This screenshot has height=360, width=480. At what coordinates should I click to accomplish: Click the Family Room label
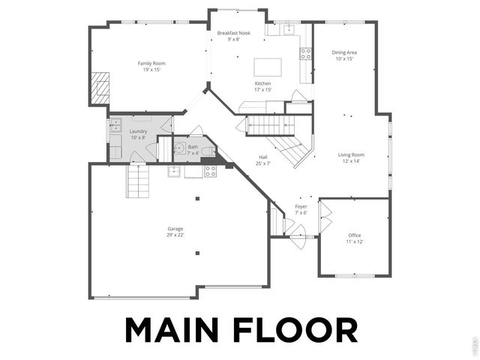pos(151,64)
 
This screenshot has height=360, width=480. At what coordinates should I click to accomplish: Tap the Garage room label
pos(175,229)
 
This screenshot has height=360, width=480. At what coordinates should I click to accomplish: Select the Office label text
pos(354,235)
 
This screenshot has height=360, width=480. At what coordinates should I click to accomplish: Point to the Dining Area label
pos(344,52)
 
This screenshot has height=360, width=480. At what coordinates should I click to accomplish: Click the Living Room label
pos(350,154)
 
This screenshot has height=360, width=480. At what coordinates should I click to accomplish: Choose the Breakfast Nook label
pos(233,34)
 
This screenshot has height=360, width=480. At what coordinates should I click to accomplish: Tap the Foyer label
pos(301,206)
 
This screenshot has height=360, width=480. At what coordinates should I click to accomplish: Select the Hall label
pos(262,157)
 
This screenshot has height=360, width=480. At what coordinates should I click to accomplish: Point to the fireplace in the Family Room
pos(99,89)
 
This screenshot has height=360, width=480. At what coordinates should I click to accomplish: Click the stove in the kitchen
pos(306,54)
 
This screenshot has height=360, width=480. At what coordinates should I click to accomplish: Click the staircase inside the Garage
pos(137,180)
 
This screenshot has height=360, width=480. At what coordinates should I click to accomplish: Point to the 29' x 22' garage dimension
pos(175,235)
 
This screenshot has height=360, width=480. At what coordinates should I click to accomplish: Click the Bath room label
pos(193,147)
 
